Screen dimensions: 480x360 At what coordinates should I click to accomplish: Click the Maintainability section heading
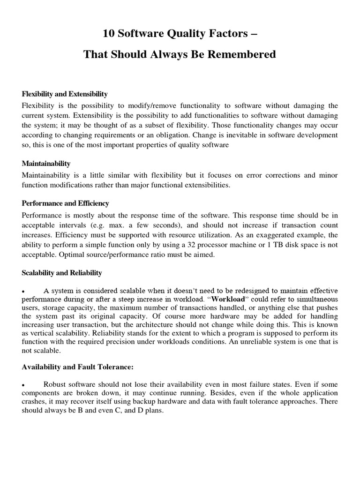[x=46, y=164]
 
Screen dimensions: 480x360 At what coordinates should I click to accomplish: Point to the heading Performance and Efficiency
[x=65, y=203]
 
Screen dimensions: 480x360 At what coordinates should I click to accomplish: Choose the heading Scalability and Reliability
[x=62, y=273]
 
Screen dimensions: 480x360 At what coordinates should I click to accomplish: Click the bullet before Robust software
[x=24, y=384]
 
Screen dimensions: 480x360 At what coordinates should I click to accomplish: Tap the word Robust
[x=54, y=384]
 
